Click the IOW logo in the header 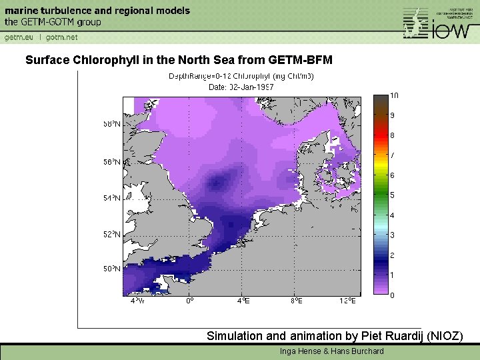(x=441, y=24)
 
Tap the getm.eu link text (x=19, y=37)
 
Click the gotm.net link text (x=62, y=37)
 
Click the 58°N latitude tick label (x=112, y=124)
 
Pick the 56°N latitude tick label (x=112, y=162)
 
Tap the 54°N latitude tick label (x=112, y=198)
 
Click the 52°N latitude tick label (x=112, y=234)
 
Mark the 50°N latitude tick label (x=112, y=269)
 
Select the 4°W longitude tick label (x=137, y=301)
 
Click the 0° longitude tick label (x=190, y=301)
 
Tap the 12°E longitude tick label (x=347, y=301)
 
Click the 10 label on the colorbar (x=394, y=95)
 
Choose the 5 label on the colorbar (x=392, y=195)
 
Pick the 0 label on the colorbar (x=392, y=295)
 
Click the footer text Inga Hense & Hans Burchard (x=331, y=351)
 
